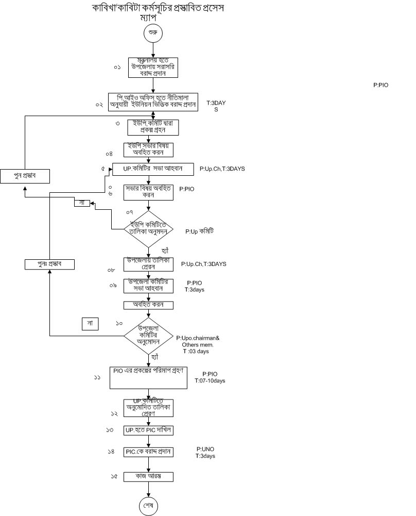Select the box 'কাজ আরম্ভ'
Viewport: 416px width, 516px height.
click(149, 477)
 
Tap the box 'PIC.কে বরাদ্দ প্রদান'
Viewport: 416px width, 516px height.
click(149, 452)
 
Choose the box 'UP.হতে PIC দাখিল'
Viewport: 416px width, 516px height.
click(149, 429)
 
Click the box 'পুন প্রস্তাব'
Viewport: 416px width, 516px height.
click(25, 176)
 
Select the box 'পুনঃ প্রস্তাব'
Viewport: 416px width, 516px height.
click(49, 264)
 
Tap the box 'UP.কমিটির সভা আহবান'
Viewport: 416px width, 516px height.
click(153, 169)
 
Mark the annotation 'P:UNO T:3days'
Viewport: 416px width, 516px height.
click(205, 453)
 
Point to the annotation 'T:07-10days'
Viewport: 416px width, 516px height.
click(210, 381)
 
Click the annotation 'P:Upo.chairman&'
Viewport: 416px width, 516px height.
click(198, 338)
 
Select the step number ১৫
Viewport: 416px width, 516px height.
click(114, 477)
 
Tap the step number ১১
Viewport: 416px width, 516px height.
click(97, 377)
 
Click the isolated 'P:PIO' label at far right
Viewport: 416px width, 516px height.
click(381, 85)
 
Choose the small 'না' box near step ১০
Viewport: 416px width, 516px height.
click(90, 324)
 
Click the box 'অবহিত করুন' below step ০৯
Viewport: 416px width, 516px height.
click(149, 305)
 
